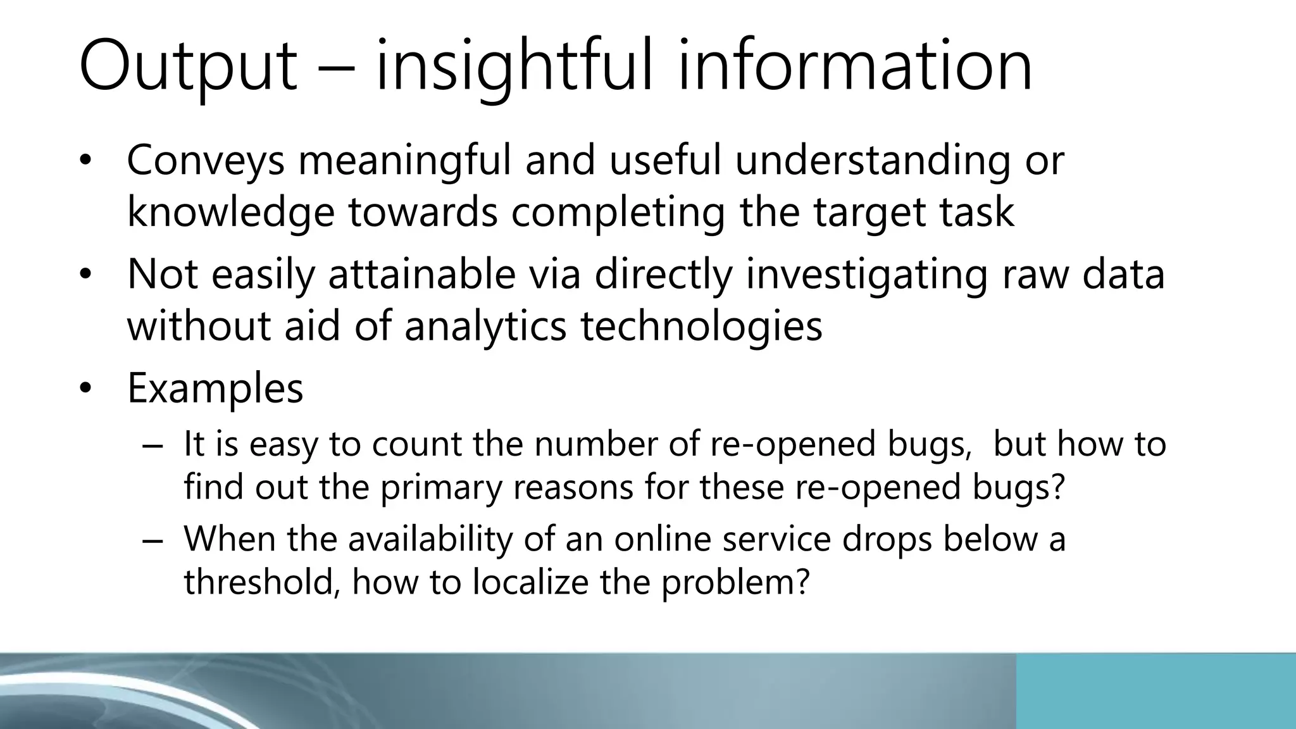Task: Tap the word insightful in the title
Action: pos(513,66)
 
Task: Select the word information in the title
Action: pos(855,66)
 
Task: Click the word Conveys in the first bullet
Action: pos(206,161)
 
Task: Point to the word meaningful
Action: pos(404,161)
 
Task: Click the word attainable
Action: pos(421,275)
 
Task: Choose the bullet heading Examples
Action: pos(215,388)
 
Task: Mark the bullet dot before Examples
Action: pos(86,389)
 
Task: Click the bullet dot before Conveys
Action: pos(86,161)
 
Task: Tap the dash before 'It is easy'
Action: pos(153,445)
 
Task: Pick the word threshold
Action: pos(258,582)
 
